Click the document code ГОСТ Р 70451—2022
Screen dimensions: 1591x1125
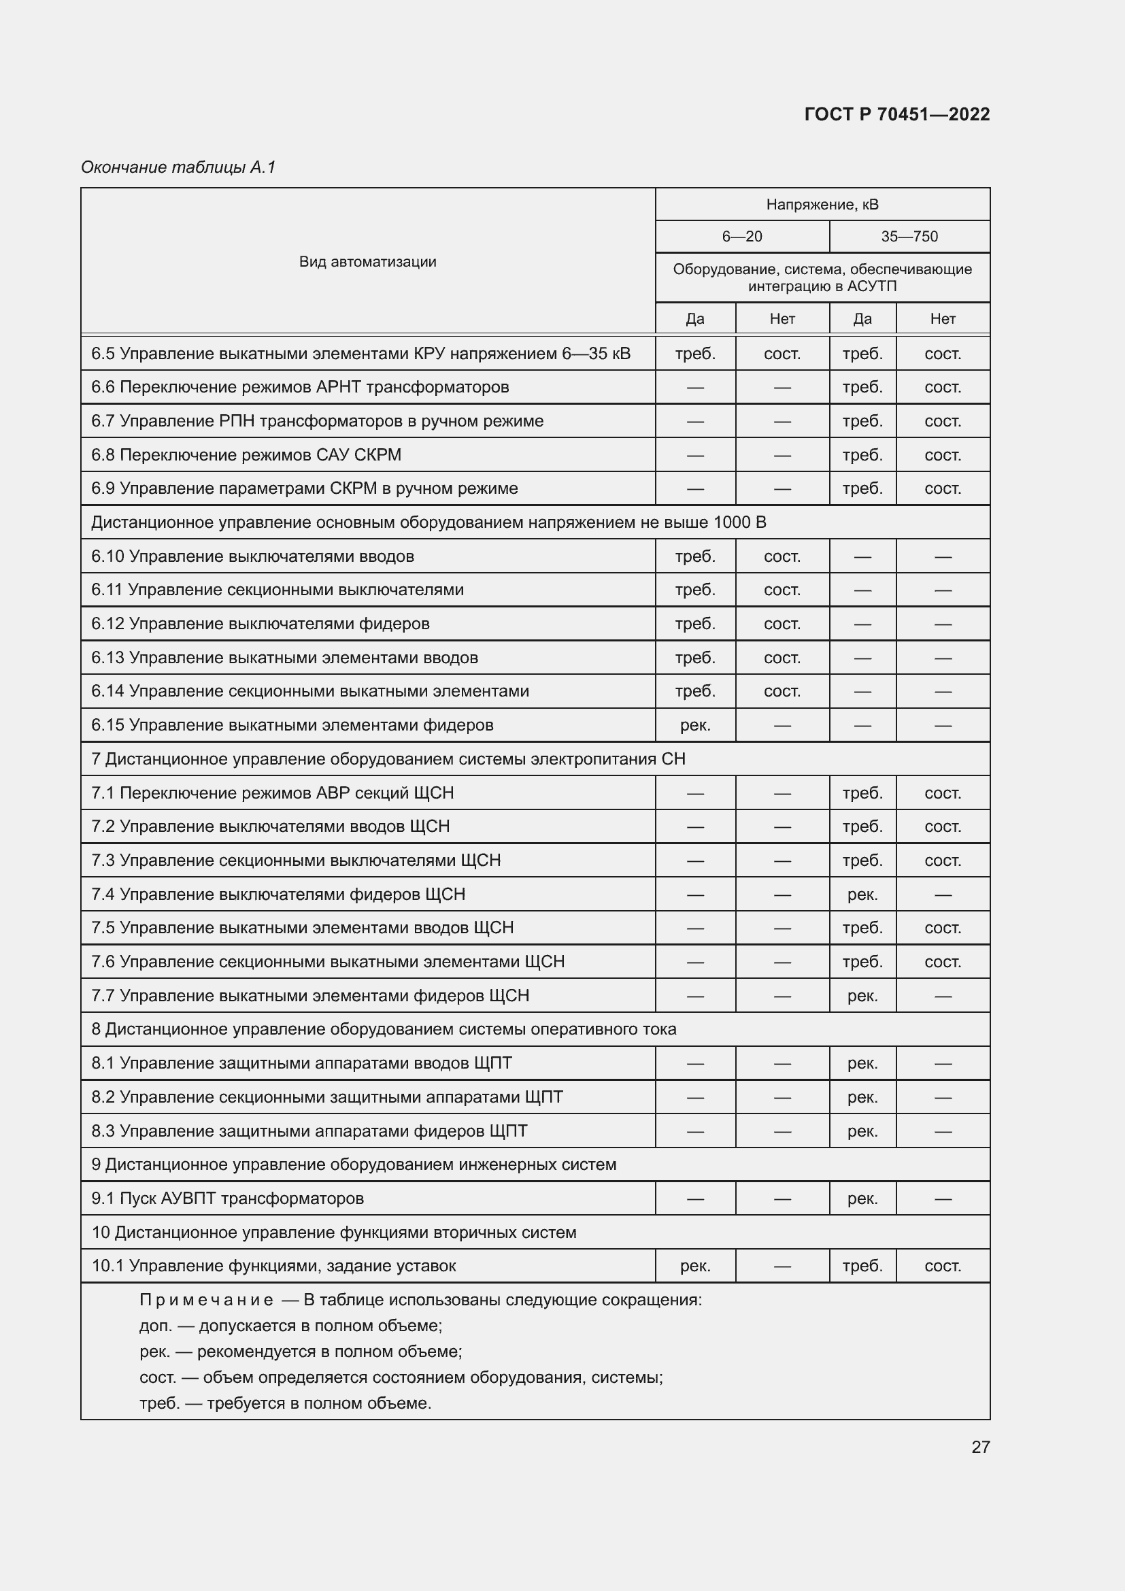[x=896, y=114]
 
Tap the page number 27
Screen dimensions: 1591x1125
[x=980, y=1446]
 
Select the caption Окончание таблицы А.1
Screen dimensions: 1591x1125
[x=179, y=167]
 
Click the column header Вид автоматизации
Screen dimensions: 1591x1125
[x=367, y=261]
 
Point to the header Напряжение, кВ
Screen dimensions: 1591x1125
[x=822, y=205]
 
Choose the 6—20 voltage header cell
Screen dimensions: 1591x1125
[x=741, y=236]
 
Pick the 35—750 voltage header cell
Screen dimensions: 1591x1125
[x=909, y=236]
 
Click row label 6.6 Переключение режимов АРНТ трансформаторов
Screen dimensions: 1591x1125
[x=300, y=386]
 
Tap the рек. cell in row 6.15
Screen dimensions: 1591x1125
[x=695, y=725]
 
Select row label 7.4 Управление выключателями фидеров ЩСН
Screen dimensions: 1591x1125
[x=278, y=894]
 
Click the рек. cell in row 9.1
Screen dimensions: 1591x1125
[x=862, y=1198]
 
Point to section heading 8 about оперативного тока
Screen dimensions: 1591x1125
[x=383, y=1029]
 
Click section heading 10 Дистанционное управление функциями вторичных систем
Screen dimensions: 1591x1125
[x=333, y=1232]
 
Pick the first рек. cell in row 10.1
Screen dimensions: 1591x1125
[x=695, y=1266]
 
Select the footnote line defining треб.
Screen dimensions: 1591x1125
[x=285, y=1403]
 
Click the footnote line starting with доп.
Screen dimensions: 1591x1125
[x=290, y=1326]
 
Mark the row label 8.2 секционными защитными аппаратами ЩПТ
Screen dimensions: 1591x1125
[x=326, y=1097]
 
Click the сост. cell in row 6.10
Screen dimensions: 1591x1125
[x=782, y=556]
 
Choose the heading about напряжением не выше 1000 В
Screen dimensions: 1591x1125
[x=428, y=522]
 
